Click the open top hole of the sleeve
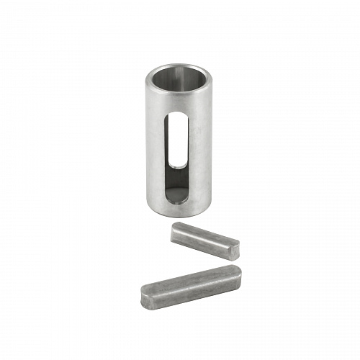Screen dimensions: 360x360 (x=177, y=75)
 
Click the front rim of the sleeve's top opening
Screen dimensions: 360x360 (x=177, y=87)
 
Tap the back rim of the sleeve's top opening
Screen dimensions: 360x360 (x=177, y=64)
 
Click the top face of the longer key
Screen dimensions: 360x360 (x=189, y=279)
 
